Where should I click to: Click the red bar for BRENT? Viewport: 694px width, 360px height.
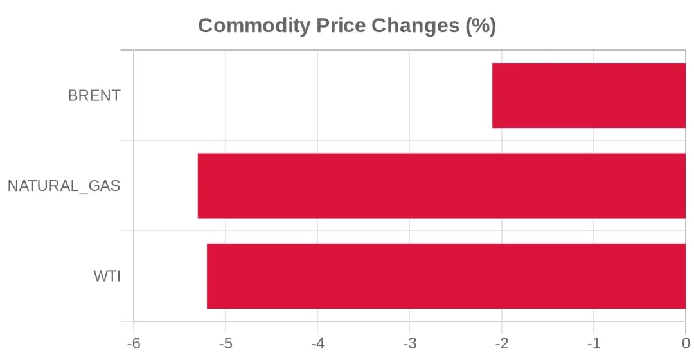coord(589,96)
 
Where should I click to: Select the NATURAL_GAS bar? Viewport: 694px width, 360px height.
coord(441,186)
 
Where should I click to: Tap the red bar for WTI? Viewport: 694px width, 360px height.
coord(446,276)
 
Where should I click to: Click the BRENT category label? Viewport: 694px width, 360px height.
coord(94,96)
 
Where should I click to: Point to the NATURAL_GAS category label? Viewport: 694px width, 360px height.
coord(64,186)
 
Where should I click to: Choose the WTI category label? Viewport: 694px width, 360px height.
coord(107,276)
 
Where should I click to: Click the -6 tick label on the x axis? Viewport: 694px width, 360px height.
coord(134,343)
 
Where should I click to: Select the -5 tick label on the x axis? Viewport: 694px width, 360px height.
coord(226,343)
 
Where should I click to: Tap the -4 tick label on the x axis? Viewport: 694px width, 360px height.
coord(318,343)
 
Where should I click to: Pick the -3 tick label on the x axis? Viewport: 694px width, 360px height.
coord(410,343)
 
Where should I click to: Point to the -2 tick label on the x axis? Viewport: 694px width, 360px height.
coord(502,343)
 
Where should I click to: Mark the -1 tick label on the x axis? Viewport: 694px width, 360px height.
coord(594,343)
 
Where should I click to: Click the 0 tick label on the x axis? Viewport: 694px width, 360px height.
coord(686,343)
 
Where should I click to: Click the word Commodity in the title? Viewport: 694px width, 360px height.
coord(254,26)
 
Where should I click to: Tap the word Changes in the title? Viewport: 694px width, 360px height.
coord(415,26)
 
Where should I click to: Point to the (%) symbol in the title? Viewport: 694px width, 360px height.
coord(480,26)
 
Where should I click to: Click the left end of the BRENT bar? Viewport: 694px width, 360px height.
coord(493,96)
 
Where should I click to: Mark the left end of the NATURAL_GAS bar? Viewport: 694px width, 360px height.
coord(198,186)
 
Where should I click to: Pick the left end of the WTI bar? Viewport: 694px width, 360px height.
coord(207,276)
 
